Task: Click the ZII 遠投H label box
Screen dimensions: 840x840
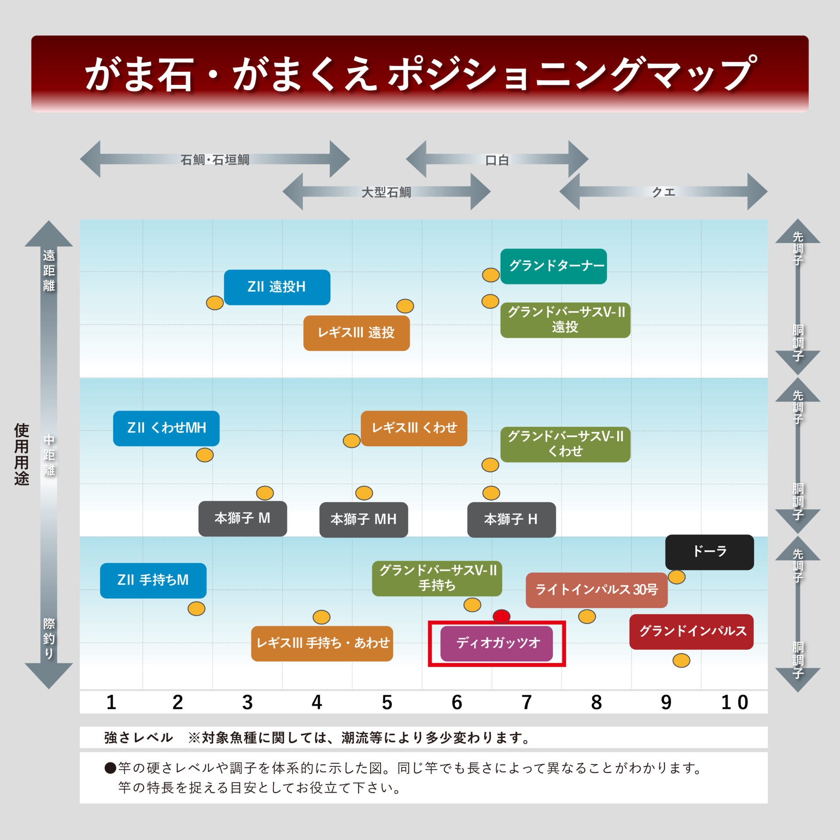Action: [x=277, y=287]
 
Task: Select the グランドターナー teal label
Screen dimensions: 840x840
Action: [x=553, y=266]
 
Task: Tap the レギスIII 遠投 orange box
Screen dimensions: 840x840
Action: [x=357, y=333]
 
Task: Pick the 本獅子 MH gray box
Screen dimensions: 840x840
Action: [x=364, y=519]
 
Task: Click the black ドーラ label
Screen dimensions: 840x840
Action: [x=710, y=552]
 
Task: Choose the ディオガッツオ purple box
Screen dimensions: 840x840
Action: [x=497, y=644]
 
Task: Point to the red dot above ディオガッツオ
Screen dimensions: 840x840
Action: [x=501, y=616]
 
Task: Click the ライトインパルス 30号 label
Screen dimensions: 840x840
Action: [x=597, y=590]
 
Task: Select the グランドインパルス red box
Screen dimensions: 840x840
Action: [x=692, y=631]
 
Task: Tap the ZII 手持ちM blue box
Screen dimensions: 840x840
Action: [x=153, y=581]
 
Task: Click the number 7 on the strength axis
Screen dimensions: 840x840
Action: [x=527, y=702]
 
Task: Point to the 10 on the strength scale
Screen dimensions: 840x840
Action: [x=735, y=702]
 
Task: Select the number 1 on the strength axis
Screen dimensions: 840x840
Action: [x=111, y=702]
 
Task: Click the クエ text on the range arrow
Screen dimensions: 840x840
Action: [x=664, y=192]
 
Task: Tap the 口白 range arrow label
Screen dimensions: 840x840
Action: [x=497, y=160]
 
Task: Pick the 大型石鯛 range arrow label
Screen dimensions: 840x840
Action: [x=386, y=192]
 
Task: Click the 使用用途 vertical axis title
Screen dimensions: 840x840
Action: [x=21, y=454]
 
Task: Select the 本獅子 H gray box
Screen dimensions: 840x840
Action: [x=511, y=519]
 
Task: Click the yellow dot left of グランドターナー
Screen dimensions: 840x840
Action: [x=491, y=275]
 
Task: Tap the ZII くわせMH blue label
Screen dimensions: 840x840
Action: [x=166, y=428]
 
